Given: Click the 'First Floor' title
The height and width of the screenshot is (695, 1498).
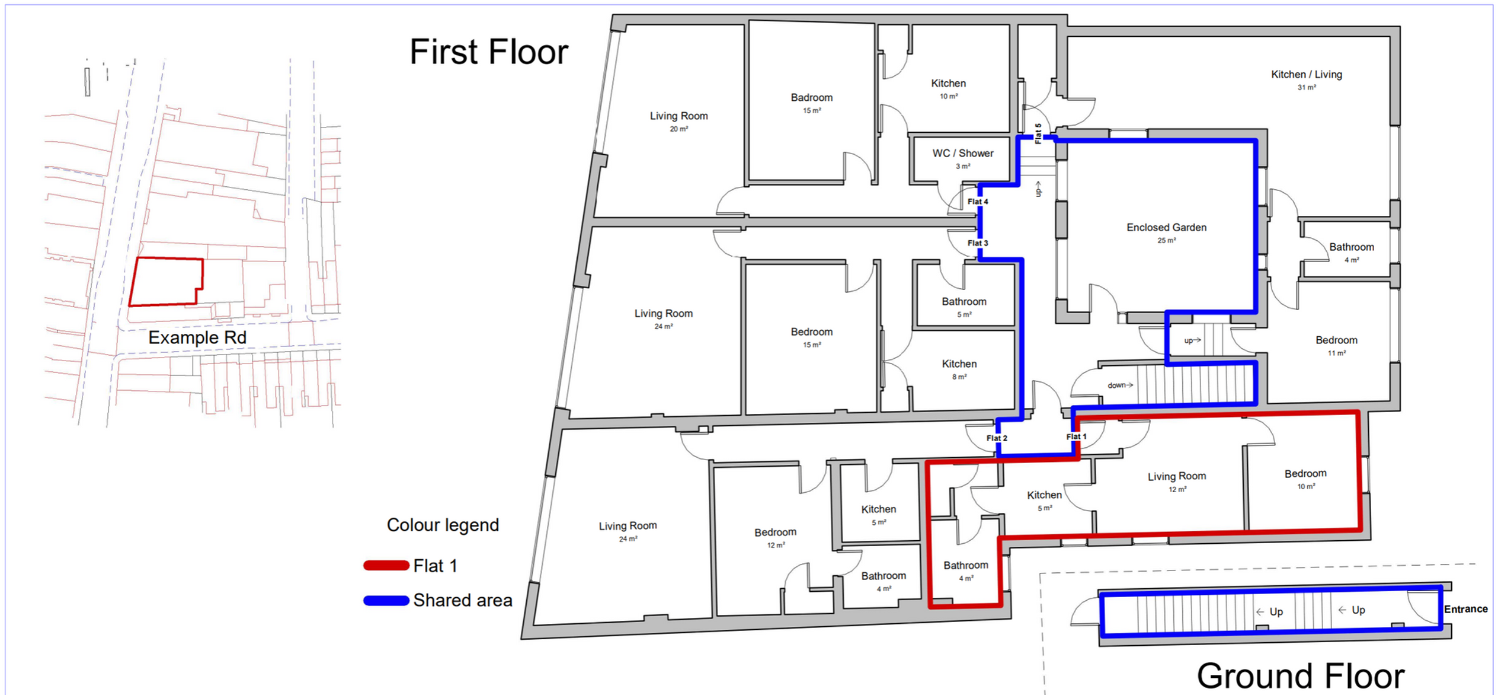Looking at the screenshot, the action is pos(489,52).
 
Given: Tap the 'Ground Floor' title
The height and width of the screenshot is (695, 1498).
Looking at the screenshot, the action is pos(1300,675).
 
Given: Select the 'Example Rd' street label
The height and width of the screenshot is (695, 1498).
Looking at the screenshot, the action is pos(197,337).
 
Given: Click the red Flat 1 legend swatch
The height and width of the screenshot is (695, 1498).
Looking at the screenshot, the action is pos(386,566).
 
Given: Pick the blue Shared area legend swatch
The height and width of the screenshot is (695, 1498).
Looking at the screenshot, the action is pos(386,601).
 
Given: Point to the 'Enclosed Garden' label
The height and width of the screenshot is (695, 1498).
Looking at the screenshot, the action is pos(1166,227).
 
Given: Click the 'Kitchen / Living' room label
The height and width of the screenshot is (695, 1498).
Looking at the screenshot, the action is pos(1307,74).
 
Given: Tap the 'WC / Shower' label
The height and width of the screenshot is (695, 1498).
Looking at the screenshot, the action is pos(963,153).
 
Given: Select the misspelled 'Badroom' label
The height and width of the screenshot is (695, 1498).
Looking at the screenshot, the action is pos(812,97).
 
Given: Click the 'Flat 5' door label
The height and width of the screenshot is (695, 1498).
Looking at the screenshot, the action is pos(1038,133).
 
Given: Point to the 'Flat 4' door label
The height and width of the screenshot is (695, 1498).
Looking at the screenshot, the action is pos(978,202).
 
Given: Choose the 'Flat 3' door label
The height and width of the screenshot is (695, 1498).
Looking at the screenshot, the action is pos(978,243).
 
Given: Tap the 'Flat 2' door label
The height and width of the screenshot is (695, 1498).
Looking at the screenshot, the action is pos(997,438).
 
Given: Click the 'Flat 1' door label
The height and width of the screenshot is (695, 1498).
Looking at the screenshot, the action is pos(1077,436).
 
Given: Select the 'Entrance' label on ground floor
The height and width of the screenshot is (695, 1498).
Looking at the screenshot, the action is pos(1466,609).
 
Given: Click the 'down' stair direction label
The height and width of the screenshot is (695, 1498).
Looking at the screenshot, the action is pos(1116,385).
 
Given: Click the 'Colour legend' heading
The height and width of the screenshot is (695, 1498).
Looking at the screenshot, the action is pos(443,525).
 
